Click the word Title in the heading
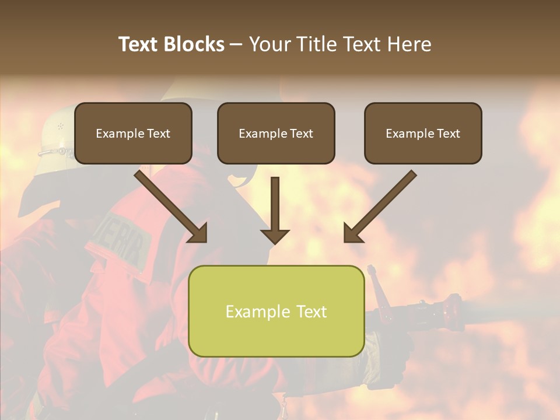[x=314, y=44]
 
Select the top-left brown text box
[x=133, y=133]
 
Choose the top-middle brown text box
[x=276, y=133]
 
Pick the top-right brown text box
[x=423, y=133]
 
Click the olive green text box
[x=276, y=311]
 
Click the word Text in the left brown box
[x=158, y=134]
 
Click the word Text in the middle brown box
[x=301, y=134]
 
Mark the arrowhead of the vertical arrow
[x=275, y=236]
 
